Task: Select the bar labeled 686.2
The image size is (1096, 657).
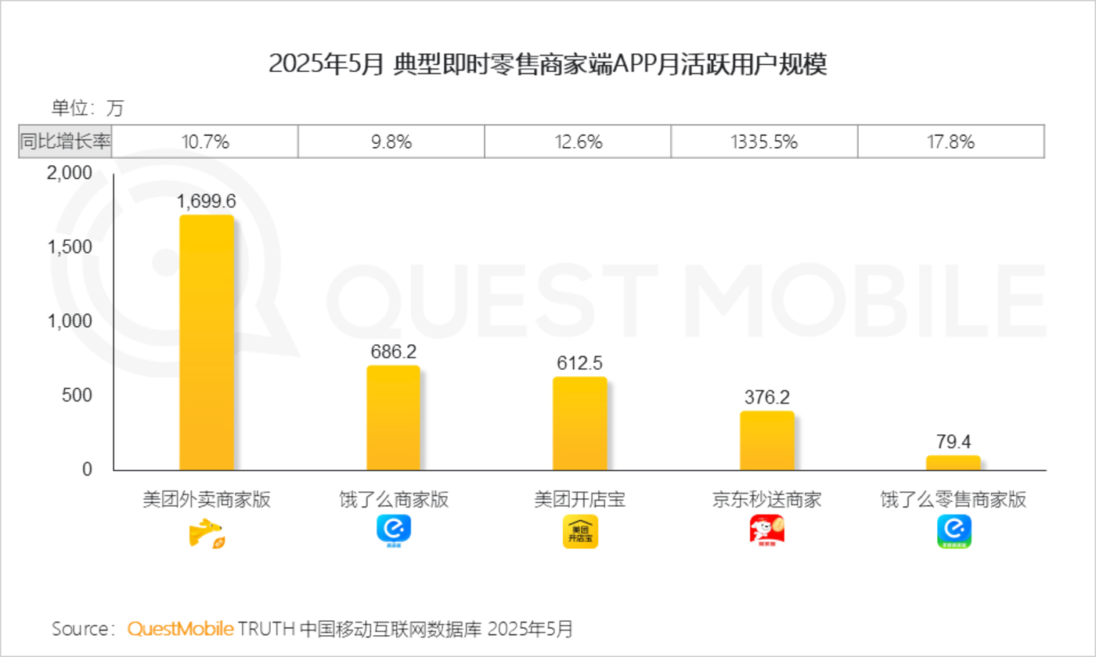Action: (393, 418)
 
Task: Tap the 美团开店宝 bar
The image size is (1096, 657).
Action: (579, 423)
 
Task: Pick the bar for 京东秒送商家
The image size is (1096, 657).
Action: (766, 440)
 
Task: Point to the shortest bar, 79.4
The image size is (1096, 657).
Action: (953, 462)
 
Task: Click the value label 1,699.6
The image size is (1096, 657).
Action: (207, 202)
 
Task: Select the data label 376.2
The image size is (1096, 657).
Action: (766, 397)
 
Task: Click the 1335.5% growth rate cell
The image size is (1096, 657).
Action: (763, 142)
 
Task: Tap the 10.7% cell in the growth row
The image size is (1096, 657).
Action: (204, 142)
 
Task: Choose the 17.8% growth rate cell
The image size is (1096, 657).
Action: (950, 142)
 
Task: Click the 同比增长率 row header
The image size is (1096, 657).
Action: (66, 142)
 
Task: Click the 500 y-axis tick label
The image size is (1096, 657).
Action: (77, 395)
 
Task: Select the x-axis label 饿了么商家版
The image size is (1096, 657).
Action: (394, 500)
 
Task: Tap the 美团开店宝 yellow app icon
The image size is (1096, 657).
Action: (580, 532)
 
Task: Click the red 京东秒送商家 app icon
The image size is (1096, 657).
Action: (766, 532)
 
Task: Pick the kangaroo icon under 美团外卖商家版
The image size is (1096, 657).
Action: (207, 533)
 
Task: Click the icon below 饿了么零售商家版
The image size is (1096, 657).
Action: (954, 532)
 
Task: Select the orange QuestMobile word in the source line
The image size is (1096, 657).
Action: (180, 629)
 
